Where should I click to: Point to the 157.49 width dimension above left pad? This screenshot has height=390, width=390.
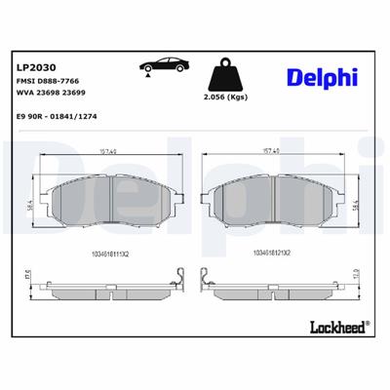(x=109, y=151)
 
